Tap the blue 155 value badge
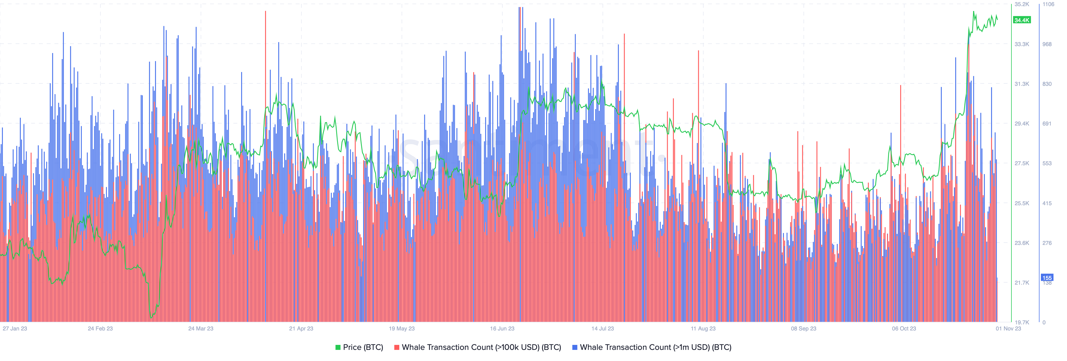[1047, 278]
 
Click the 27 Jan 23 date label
[15, 328]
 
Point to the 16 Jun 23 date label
[502, 328]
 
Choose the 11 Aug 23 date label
[703, 328]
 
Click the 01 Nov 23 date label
[1008, 328]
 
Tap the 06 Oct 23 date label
[904, 328]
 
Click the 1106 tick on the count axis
[1048, 4]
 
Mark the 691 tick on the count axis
[1047, 123]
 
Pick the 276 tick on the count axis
[1047, 243]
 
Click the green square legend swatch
[338, 347]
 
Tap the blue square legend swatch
[575, 347]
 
